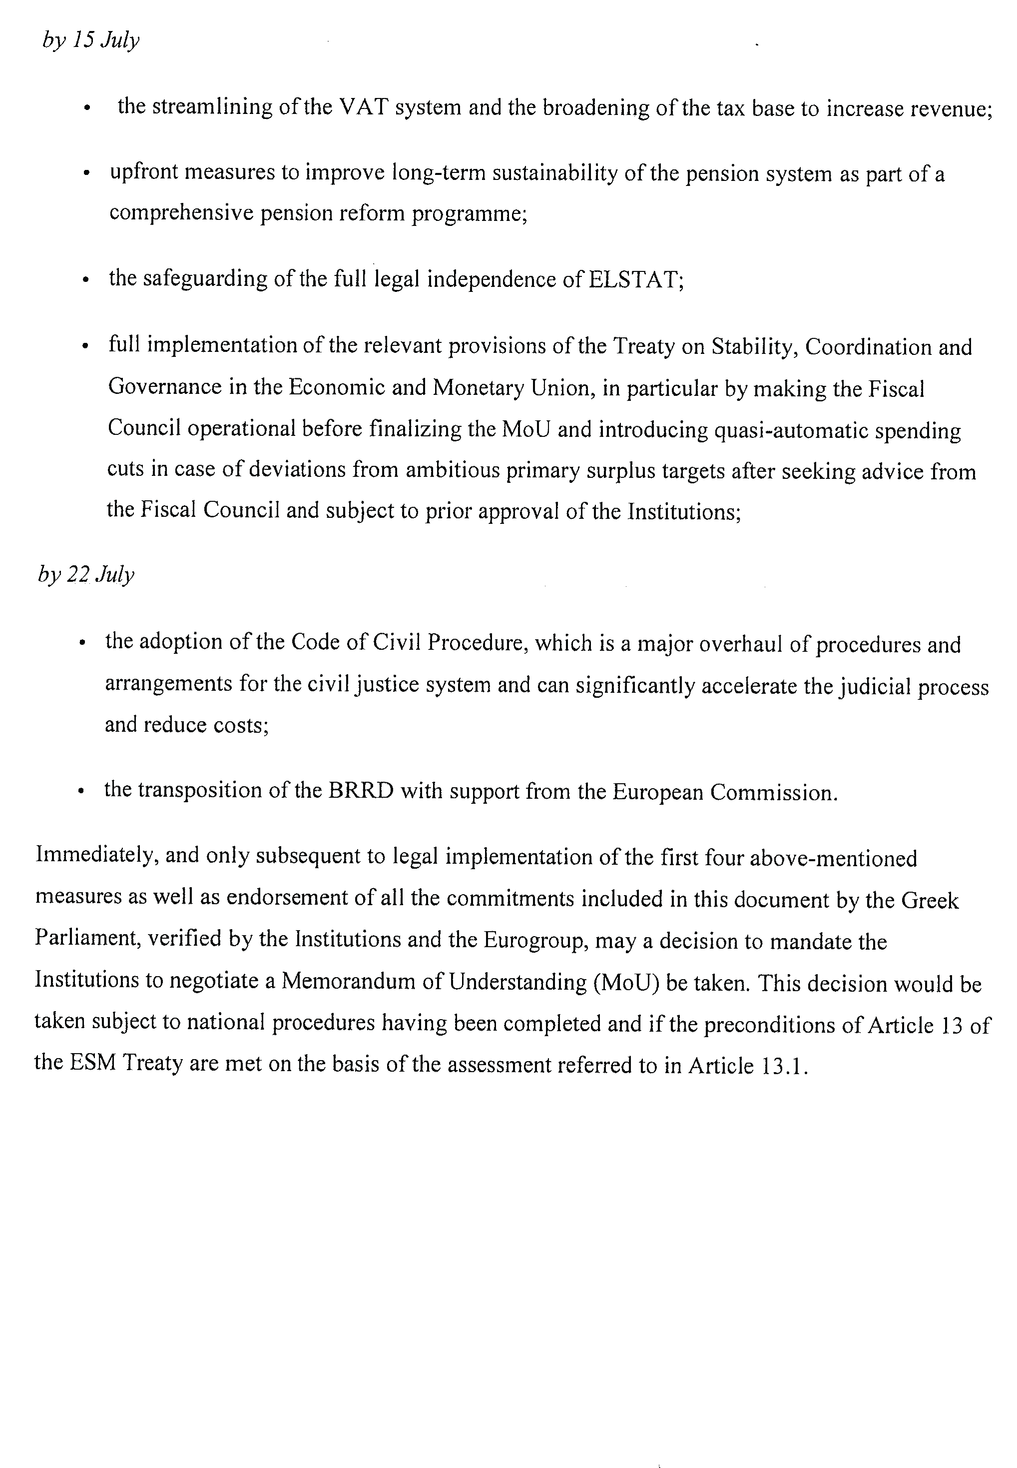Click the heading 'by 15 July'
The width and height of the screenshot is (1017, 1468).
pyautogui.click(x=90, y=41)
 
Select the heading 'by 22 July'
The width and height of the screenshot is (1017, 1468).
pyautogui.click(x=86, y=575)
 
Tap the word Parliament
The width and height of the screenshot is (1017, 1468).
pyautogui.click(x=87, y=939)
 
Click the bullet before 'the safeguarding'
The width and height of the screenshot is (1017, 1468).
pyautogui.click(x=85, y=280)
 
